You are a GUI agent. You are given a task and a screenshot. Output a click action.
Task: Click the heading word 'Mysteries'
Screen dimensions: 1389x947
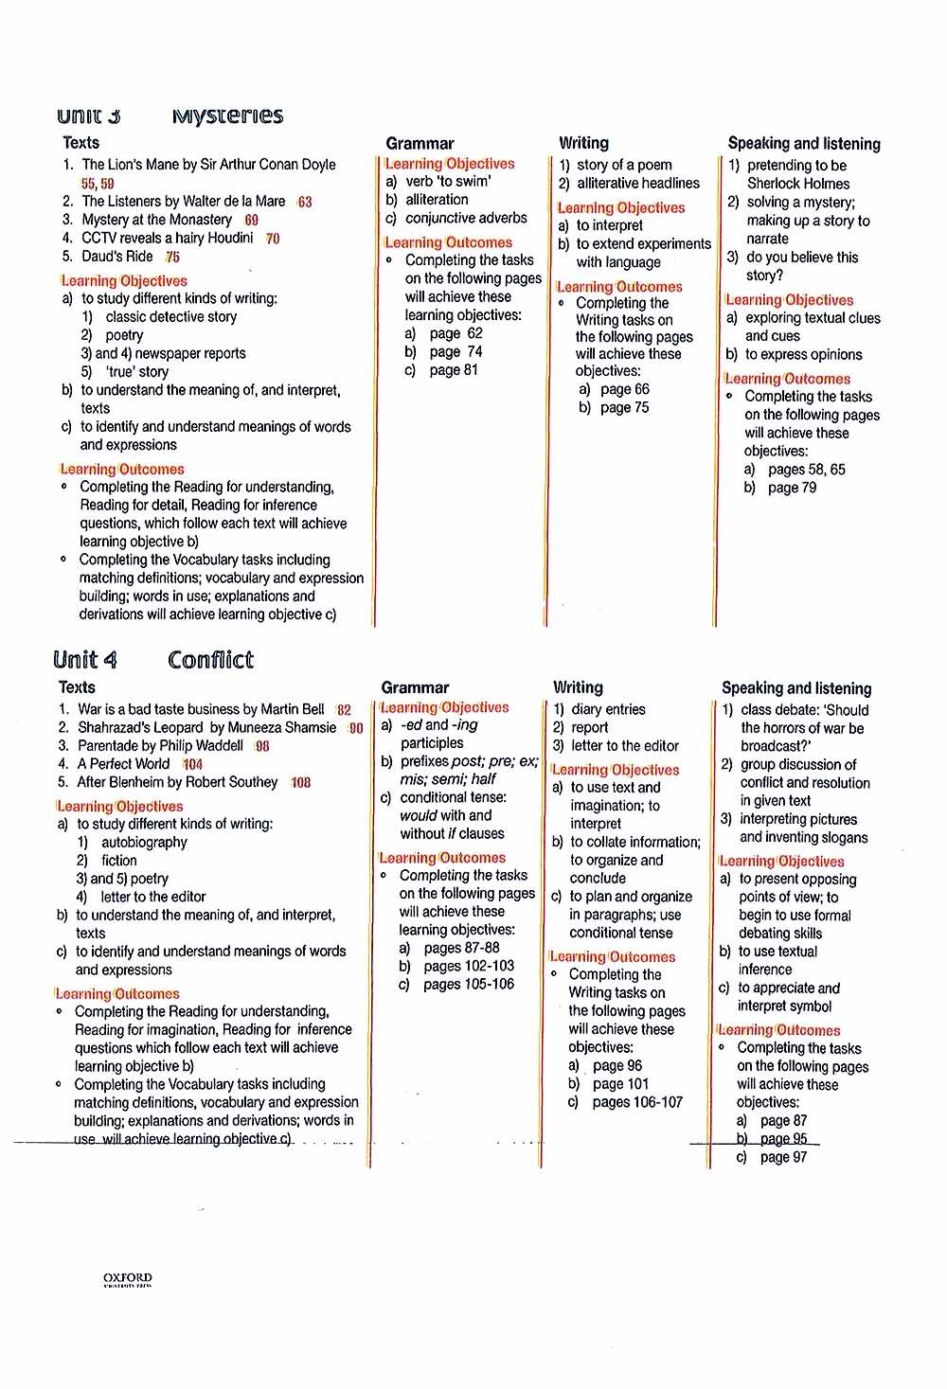click(227, 116)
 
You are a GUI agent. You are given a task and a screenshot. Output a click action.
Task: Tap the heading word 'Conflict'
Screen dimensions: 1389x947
click(210, 659)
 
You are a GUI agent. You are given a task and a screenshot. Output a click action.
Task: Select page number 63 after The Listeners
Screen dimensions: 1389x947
click(304, 202)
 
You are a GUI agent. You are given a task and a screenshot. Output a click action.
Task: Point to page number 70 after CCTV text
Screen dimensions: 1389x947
click(273, 239)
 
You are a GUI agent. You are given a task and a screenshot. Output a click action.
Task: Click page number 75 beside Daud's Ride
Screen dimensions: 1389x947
click(172, 257)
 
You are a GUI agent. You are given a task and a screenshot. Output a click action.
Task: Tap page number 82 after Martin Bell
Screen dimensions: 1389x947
click(344, 709)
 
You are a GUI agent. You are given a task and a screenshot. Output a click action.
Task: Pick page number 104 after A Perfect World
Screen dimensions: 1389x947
click(193, 764)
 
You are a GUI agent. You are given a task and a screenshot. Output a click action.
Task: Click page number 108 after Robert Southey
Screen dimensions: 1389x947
click(301, 783)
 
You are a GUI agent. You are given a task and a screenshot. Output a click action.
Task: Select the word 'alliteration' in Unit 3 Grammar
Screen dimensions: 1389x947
click(437, 200)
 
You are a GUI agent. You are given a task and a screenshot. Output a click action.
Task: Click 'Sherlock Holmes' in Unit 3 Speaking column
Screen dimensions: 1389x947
click(798, 184)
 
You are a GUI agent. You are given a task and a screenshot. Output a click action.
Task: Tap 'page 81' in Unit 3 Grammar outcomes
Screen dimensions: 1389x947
click(454, 370)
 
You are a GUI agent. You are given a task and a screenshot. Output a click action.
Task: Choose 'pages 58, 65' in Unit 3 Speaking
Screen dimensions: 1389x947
click(806, 470)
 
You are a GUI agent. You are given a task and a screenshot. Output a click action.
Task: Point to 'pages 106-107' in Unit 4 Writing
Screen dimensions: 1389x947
click(637, 1102)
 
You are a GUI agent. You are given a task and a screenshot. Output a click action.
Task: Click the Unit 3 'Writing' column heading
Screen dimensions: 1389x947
click(583, 143)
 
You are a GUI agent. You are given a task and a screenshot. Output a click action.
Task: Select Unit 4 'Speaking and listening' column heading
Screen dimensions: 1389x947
click(796, 688)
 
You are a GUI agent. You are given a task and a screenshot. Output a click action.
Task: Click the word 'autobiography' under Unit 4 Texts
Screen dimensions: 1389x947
click(144, 842)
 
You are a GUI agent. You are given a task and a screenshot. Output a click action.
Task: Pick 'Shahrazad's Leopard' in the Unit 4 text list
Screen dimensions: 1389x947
click(140, 727)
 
